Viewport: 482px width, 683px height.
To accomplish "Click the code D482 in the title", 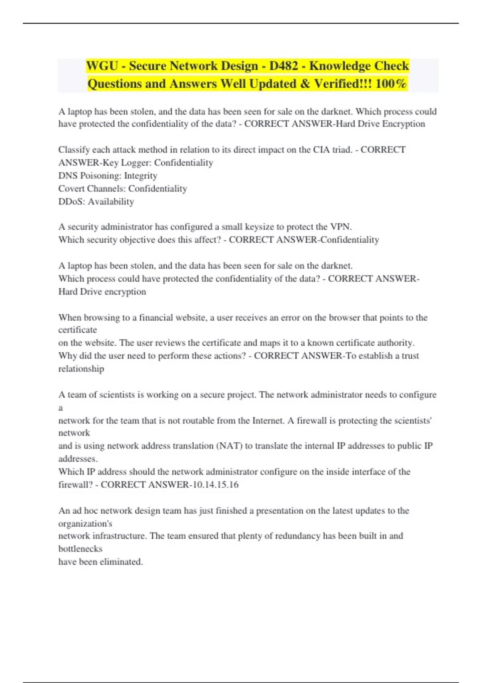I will [284, 65].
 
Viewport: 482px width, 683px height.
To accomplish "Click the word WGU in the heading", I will [102, 65].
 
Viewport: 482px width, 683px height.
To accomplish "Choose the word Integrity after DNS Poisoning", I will [141, 176].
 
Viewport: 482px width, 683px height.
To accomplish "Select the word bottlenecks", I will [80, 549].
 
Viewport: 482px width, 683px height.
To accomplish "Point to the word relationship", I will [81, 369].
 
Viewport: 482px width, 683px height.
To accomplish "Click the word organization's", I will [85, 523].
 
